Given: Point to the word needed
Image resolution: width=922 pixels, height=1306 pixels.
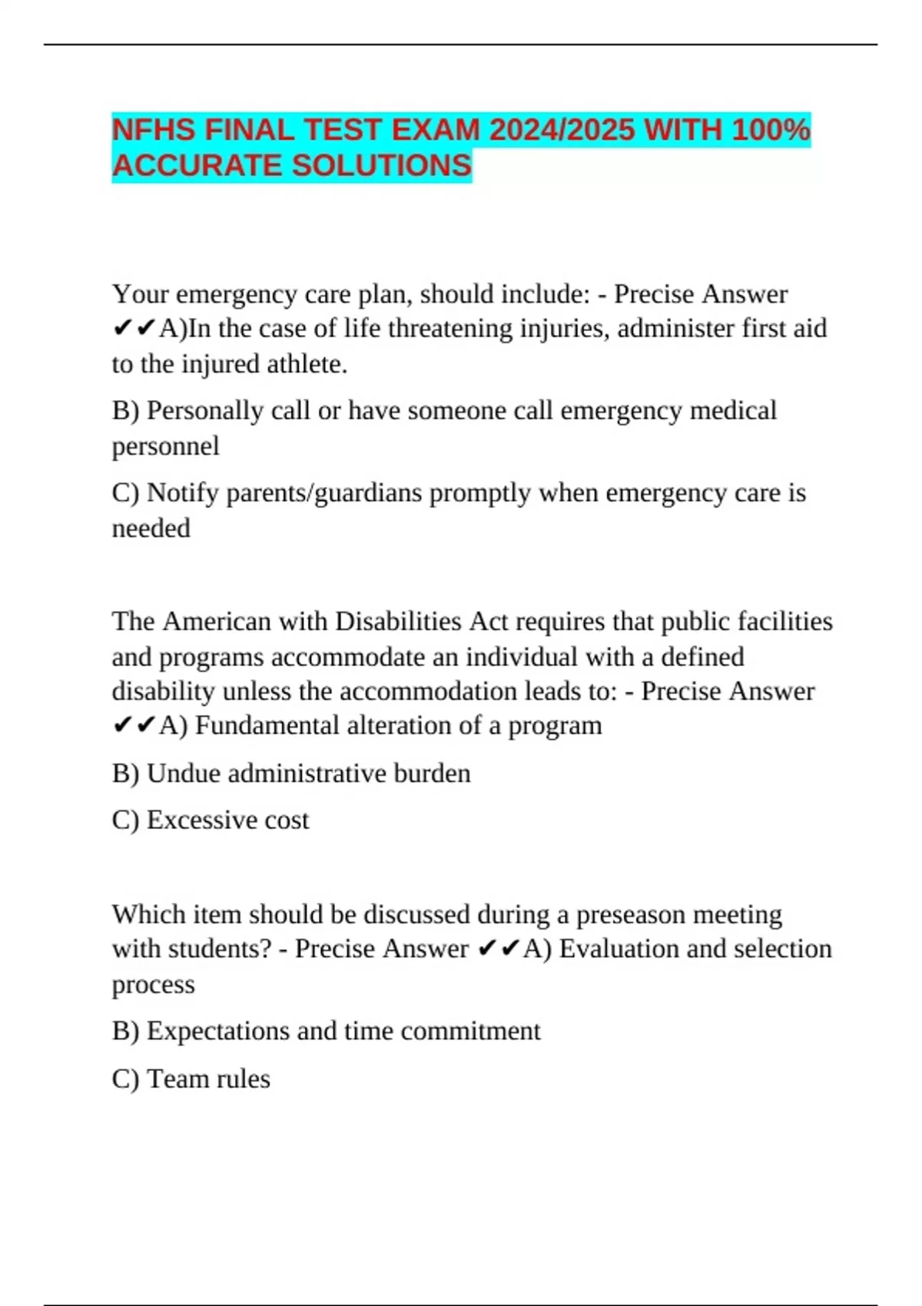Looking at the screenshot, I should pyautogui.click(x=151, y=529).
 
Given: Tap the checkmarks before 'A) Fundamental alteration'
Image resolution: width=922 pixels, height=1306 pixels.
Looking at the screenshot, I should pyautogui.click(x=134, y=726).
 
